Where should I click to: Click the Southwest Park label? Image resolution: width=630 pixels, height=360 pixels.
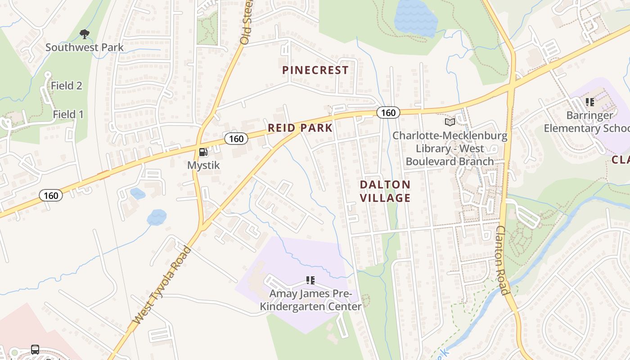pyautogui.click(x=84, y=47)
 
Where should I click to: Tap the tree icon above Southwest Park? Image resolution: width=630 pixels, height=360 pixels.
pyautogui.click(x=84, y=34)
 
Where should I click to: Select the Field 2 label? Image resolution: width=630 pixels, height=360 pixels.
pyautogui.click(x=67, y=85)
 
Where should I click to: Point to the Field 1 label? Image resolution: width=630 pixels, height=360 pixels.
pyautogui.click(x=68, y=114)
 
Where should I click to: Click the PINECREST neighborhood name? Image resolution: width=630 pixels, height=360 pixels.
pyautogui.click(x=315, y=70)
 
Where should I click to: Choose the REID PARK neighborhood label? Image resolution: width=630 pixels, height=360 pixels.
pyautogui.click(x=300, y=128)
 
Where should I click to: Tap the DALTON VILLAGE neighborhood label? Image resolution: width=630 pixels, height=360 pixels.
pyautogui.click(x=385, y=191)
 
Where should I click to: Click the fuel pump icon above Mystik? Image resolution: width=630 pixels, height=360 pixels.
pyautogui.click(x=203, y=152)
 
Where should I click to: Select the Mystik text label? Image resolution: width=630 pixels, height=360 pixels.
pyautogui.click(x=203, y=165)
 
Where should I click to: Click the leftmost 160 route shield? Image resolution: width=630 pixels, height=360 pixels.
pyautogui.click(x=51, y=195)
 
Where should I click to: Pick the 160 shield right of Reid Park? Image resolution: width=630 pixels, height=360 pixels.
pyautogui.click(x=388, y=112)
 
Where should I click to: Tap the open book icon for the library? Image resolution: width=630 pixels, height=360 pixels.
pyautogui.click(x=450, y=122)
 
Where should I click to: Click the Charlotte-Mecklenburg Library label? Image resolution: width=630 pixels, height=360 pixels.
pyautogui.click(x=450, y=148)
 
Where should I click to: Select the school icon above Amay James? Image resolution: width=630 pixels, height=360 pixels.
pyautogui.click(x=310, y=281)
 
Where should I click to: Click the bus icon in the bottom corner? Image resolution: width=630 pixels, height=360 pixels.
pyautogui.click(x=35, y=349)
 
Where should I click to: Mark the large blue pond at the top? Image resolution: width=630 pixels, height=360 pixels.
pyautogui.click(x=415, y=18)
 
